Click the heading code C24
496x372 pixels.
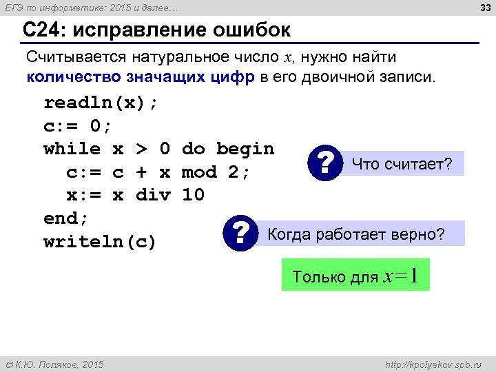pyautogui.click(x=43, y=31)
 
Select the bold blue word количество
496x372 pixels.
pyautogui.click(x=70, y=76)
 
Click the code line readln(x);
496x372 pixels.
pyautogui.click(x=101, y=103)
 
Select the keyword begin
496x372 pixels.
pyautogui.click(x=245, y=149)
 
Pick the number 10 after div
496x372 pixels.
pyautogui.click(x=193, y=195)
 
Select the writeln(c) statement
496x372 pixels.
pyautogui.click(x=101, y=242)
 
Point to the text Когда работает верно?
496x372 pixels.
pyautogui.click(x=355, y=234)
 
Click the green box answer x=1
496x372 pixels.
pyautogui.click(x=355, y=276)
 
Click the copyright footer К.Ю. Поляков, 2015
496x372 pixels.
pyautogui.click(x=54, y=364)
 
